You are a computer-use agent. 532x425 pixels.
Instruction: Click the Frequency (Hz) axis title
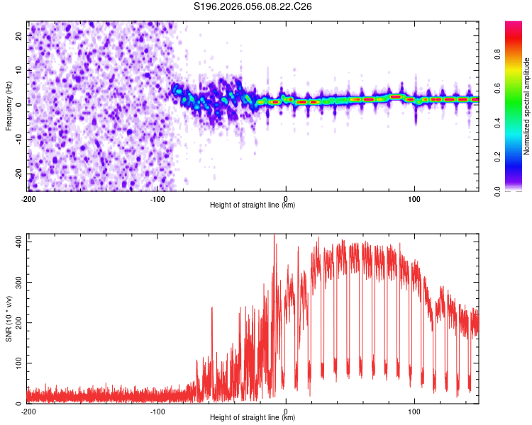tap(9, 106)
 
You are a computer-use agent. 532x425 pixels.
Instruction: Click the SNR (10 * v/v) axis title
tap(9, 318)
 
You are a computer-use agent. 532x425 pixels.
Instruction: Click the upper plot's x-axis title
tap(253, 205)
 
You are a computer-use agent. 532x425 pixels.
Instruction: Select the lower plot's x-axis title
tap(253, 417)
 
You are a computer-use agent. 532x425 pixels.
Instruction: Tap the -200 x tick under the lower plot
tap(28, 411)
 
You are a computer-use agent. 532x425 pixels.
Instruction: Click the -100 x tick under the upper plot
tap(157, 198)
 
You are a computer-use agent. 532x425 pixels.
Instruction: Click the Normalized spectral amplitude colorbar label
tap(526, 106)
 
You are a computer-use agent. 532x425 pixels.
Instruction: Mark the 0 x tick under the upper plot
tap(286, 198)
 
